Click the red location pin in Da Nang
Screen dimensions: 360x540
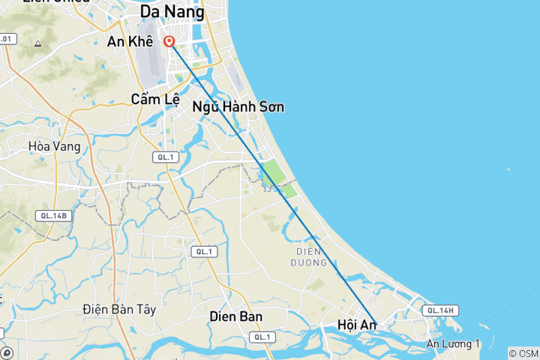pos(170,42)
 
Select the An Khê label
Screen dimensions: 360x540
pos(130,42)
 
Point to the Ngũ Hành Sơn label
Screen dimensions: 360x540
pos(238,106)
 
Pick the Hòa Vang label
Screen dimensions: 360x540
pos(54,146)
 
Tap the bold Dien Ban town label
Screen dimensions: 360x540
pos(236,316)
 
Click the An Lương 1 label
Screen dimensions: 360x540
pos(453,343)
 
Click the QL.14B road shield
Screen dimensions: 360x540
pos(54,216)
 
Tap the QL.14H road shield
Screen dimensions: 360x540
pos(440,310)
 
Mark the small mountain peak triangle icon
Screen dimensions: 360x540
pos(37,44)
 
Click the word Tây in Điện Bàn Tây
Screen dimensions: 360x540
pos(143,309)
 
